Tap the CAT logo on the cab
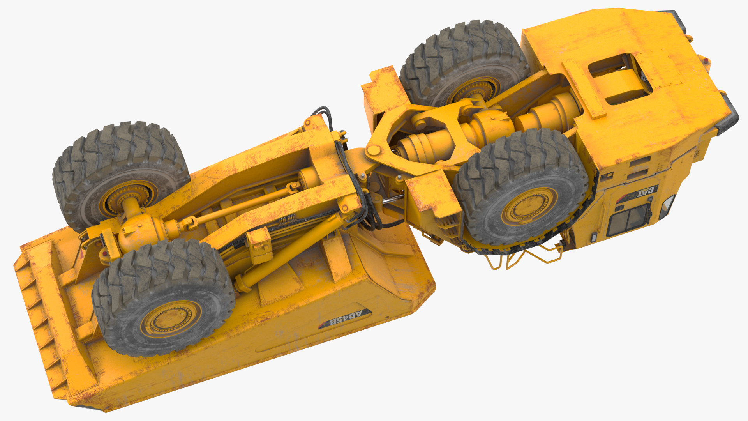click(645, 193)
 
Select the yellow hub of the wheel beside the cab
click(527, 207)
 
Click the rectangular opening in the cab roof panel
click(619, 78)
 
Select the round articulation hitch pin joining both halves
click(373, 150)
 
